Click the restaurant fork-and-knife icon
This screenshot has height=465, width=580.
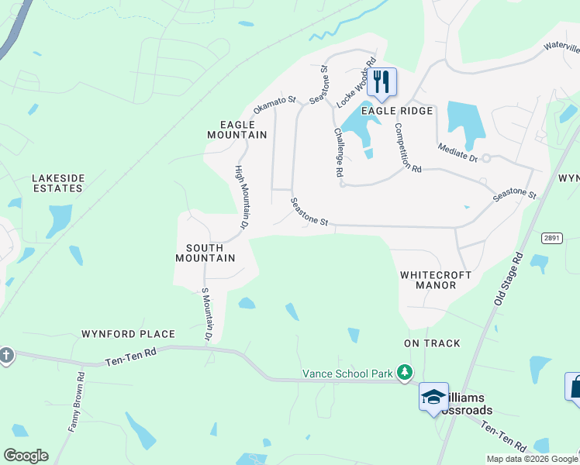pos(381,81)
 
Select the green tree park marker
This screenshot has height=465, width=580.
pos(403,374)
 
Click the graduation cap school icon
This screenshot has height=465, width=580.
pos(433,398)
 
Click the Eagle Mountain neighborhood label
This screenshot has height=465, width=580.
pos(237,129)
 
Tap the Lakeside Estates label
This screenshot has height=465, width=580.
pos(57,183)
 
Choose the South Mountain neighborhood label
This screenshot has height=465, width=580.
pos(205,253)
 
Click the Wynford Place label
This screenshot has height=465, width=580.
pos(128,334)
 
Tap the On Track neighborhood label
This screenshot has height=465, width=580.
pos(432,343)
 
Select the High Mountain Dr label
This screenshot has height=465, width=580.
pos(241,198)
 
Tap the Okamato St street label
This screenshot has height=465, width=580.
pos(275,105)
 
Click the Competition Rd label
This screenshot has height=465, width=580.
pos(406,147)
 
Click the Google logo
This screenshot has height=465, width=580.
pos(26,456)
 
